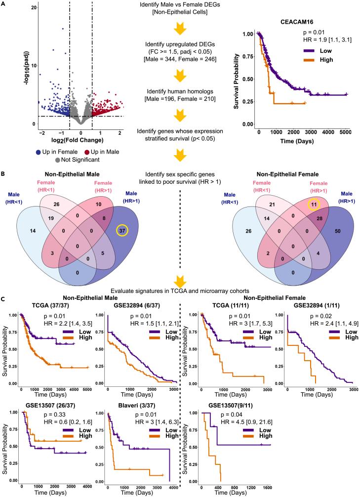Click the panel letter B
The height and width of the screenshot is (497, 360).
click(x=3, y=173)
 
